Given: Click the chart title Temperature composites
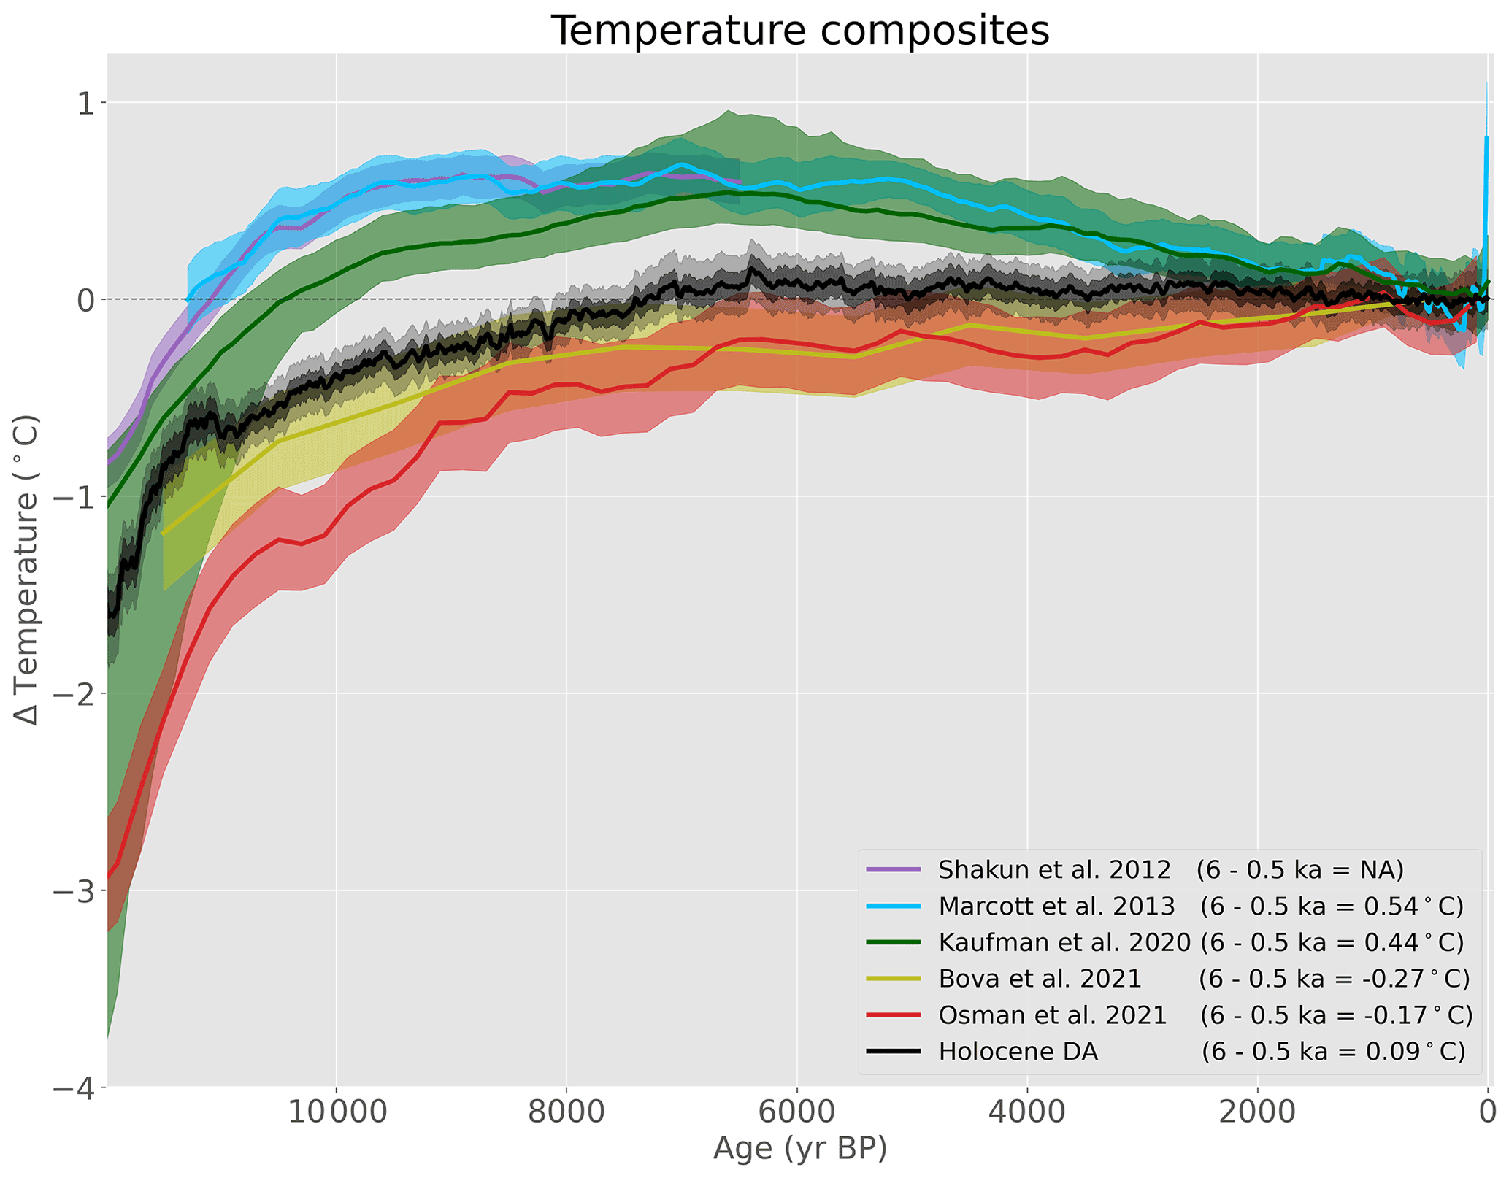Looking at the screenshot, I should (799, 31).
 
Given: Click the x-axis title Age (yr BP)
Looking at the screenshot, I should (799, 1148).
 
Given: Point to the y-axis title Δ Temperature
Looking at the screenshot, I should (26, 569).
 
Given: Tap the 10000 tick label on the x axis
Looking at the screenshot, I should (336, 1113).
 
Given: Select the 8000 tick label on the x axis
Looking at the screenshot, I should (567, 1113).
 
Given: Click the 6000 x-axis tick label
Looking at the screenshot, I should (797, 1113).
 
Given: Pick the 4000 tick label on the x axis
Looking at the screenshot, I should (1027, 1113).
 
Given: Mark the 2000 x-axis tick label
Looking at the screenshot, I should (1258, 1113).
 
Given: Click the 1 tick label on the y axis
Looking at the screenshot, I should (87, 104).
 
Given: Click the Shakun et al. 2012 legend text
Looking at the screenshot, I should (1054, 869).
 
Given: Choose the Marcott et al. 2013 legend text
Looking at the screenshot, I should (1056, 906).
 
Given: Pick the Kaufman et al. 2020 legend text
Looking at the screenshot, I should (1064, 942).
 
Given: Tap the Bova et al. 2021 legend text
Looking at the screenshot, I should (1040, 979).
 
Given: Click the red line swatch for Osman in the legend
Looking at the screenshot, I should (893, 1015).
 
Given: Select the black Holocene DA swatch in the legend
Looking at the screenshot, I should (893, 1052).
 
